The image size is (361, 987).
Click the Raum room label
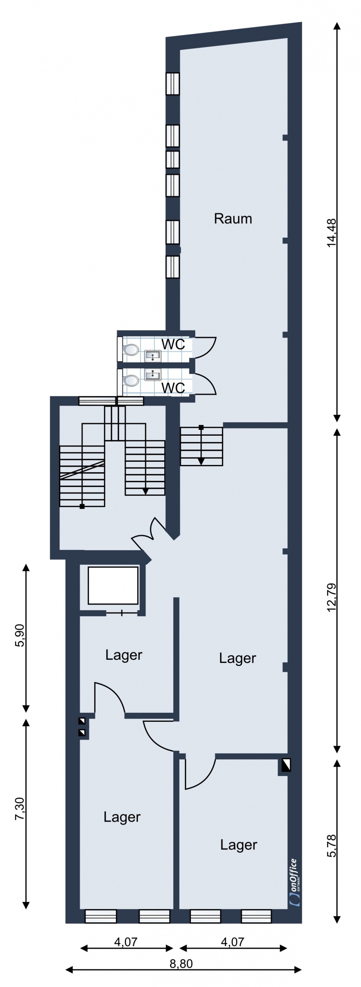(x=233, y=219)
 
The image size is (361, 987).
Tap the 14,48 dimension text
(x=331, y=233)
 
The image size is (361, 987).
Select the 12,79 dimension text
(x=331, y=597)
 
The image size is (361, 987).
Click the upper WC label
(x=173, y=344)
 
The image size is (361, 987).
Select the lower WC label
(x=173, y=388)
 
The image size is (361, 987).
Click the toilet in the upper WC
(x=131, y=350)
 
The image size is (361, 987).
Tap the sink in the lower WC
(x=153, y=374)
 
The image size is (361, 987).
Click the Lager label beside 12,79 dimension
(x=237, y=658)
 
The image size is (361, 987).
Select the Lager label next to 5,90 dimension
(x=124, y=655)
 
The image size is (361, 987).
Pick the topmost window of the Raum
(x=173, y=83)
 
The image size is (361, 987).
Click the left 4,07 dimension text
(x=126, y=942)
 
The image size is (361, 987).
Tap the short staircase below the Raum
(x=201, y=447)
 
